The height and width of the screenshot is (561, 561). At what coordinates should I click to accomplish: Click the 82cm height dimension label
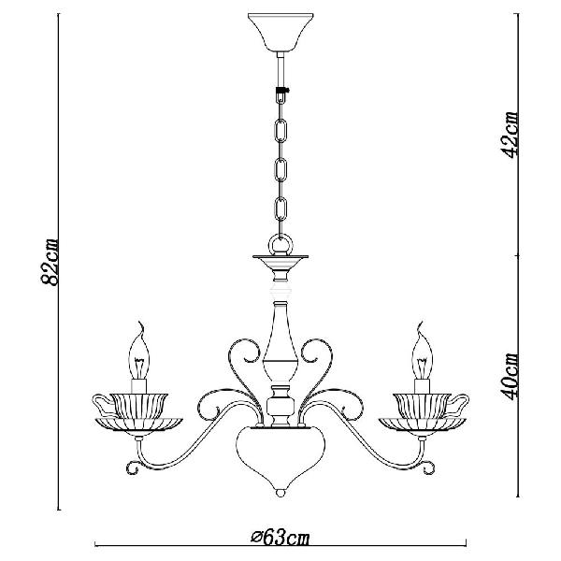(49, 262)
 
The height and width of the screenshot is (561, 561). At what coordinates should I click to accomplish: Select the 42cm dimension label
(509, 135)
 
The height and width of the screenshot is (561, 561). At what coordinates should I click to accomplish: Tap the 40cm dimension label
(509, 377)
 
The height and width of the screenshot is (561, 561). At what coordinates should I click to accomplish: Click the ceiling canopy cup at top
(280, 33)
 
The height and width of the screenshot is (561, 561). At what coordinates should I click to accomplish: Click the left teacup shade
(138, 406)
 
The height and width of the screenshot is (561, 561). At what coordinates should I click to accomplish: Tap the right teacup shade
(423, 406)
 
